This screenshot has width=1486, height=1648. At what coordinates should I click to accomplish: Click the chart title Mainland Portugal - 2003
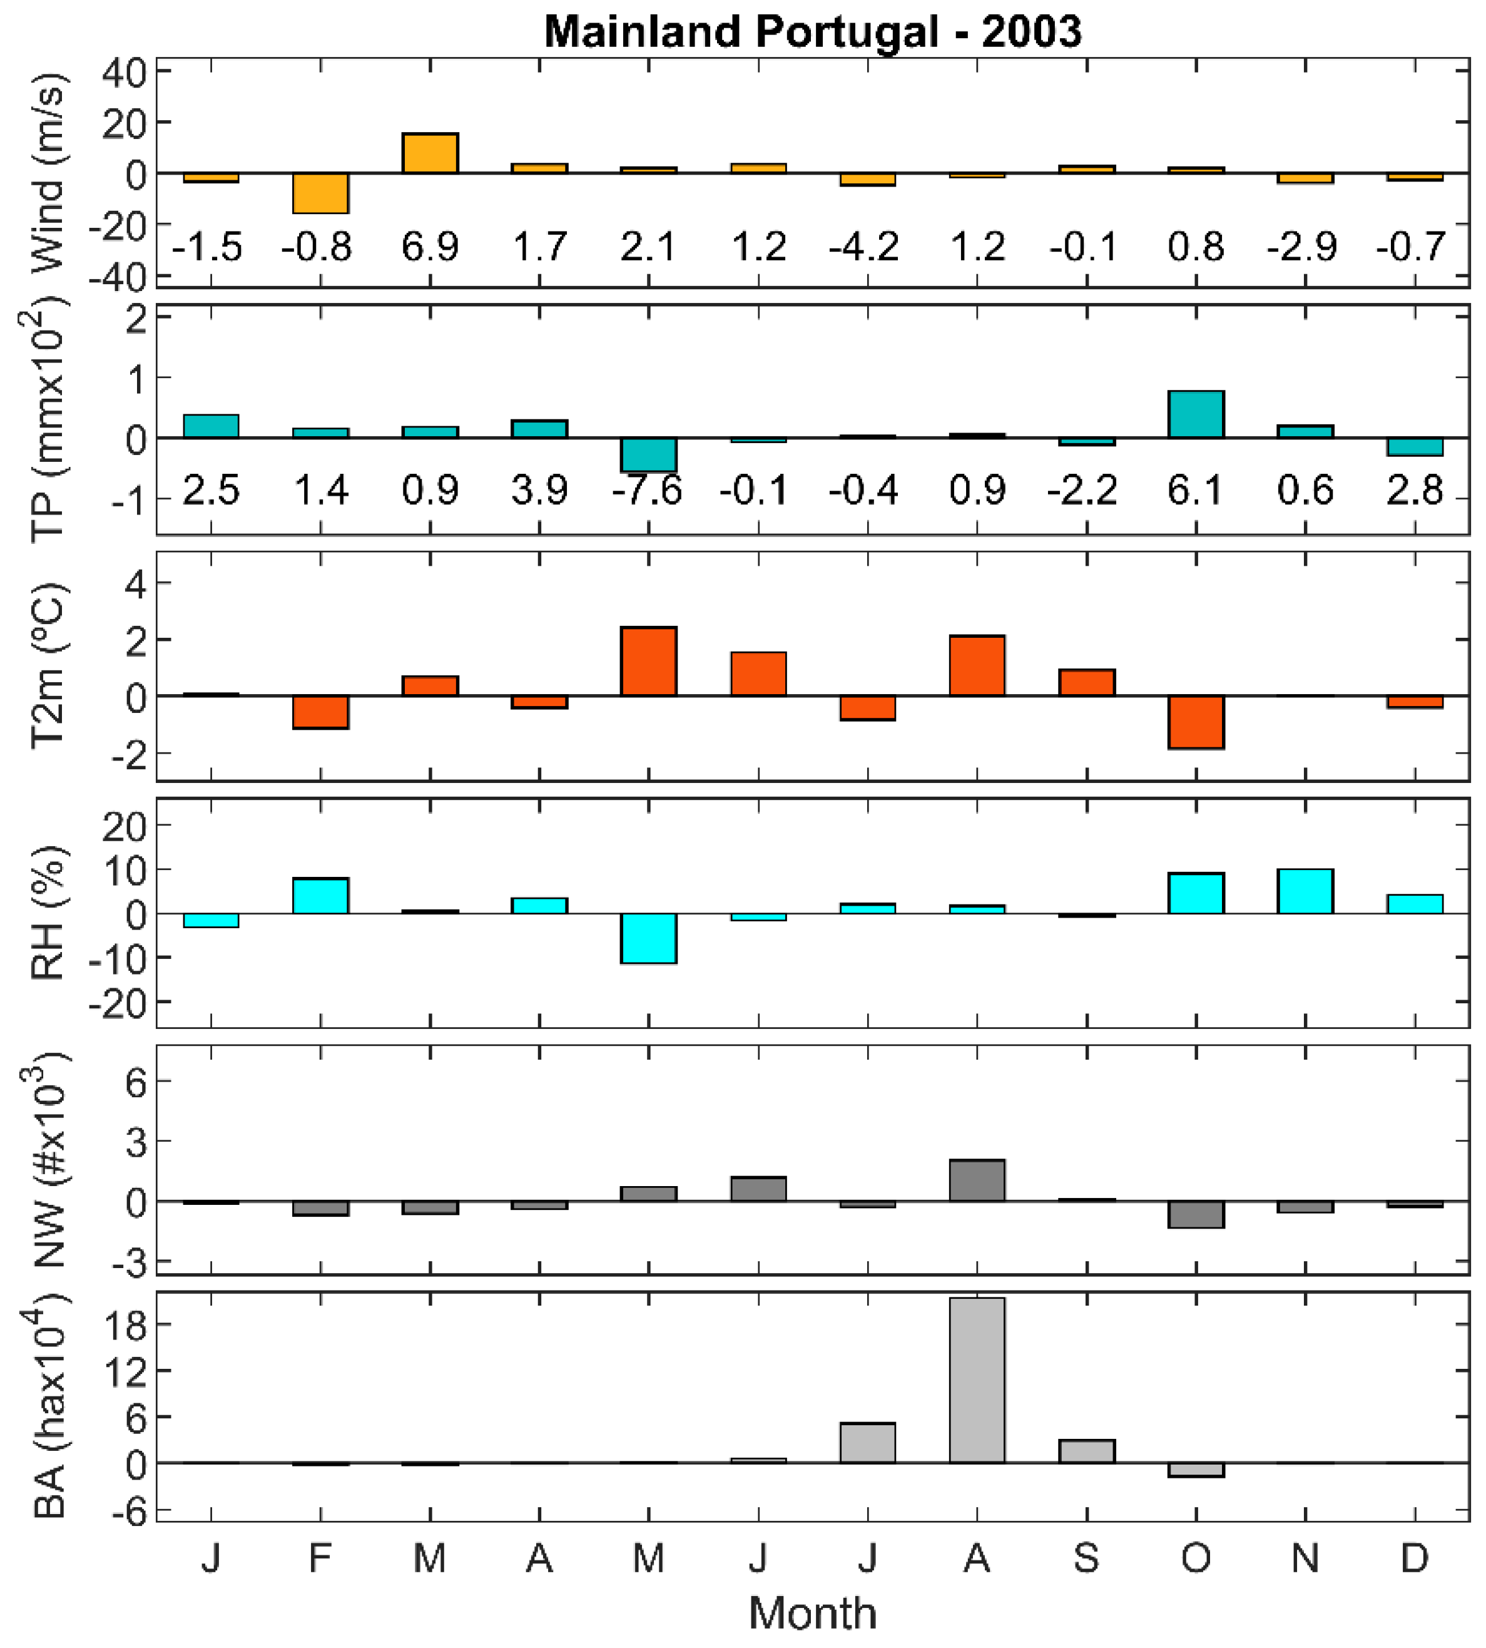pyautogui.click(x=812, y=32)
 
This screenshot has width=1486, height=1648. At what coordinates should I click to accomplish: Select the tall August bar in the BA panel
pyautogui.click(x=977, y=1380)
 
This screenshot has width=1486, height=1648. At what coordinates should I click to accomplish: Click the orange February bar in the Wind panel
pyautogui.click(x=320, y=193)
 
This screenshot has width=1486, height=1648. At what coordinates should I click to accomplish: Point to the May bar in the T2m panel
pyautogui.click(x=648, y=662)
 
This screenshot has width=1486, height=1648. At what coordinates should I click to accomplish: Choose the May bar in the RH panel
pyautogui.click(x=648, y=938)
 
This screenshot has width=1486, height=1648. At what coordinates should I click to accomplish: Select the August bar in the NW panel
pyautogui.click(x=977, y=1180)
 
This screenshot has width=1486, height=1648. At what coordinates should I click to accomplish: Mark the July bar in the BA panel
pyautogui.click(x=867, y=1443)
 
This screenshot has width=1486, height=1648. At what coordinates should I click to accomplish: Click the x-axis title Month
pyautogui.click(x=812, y=1613)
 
